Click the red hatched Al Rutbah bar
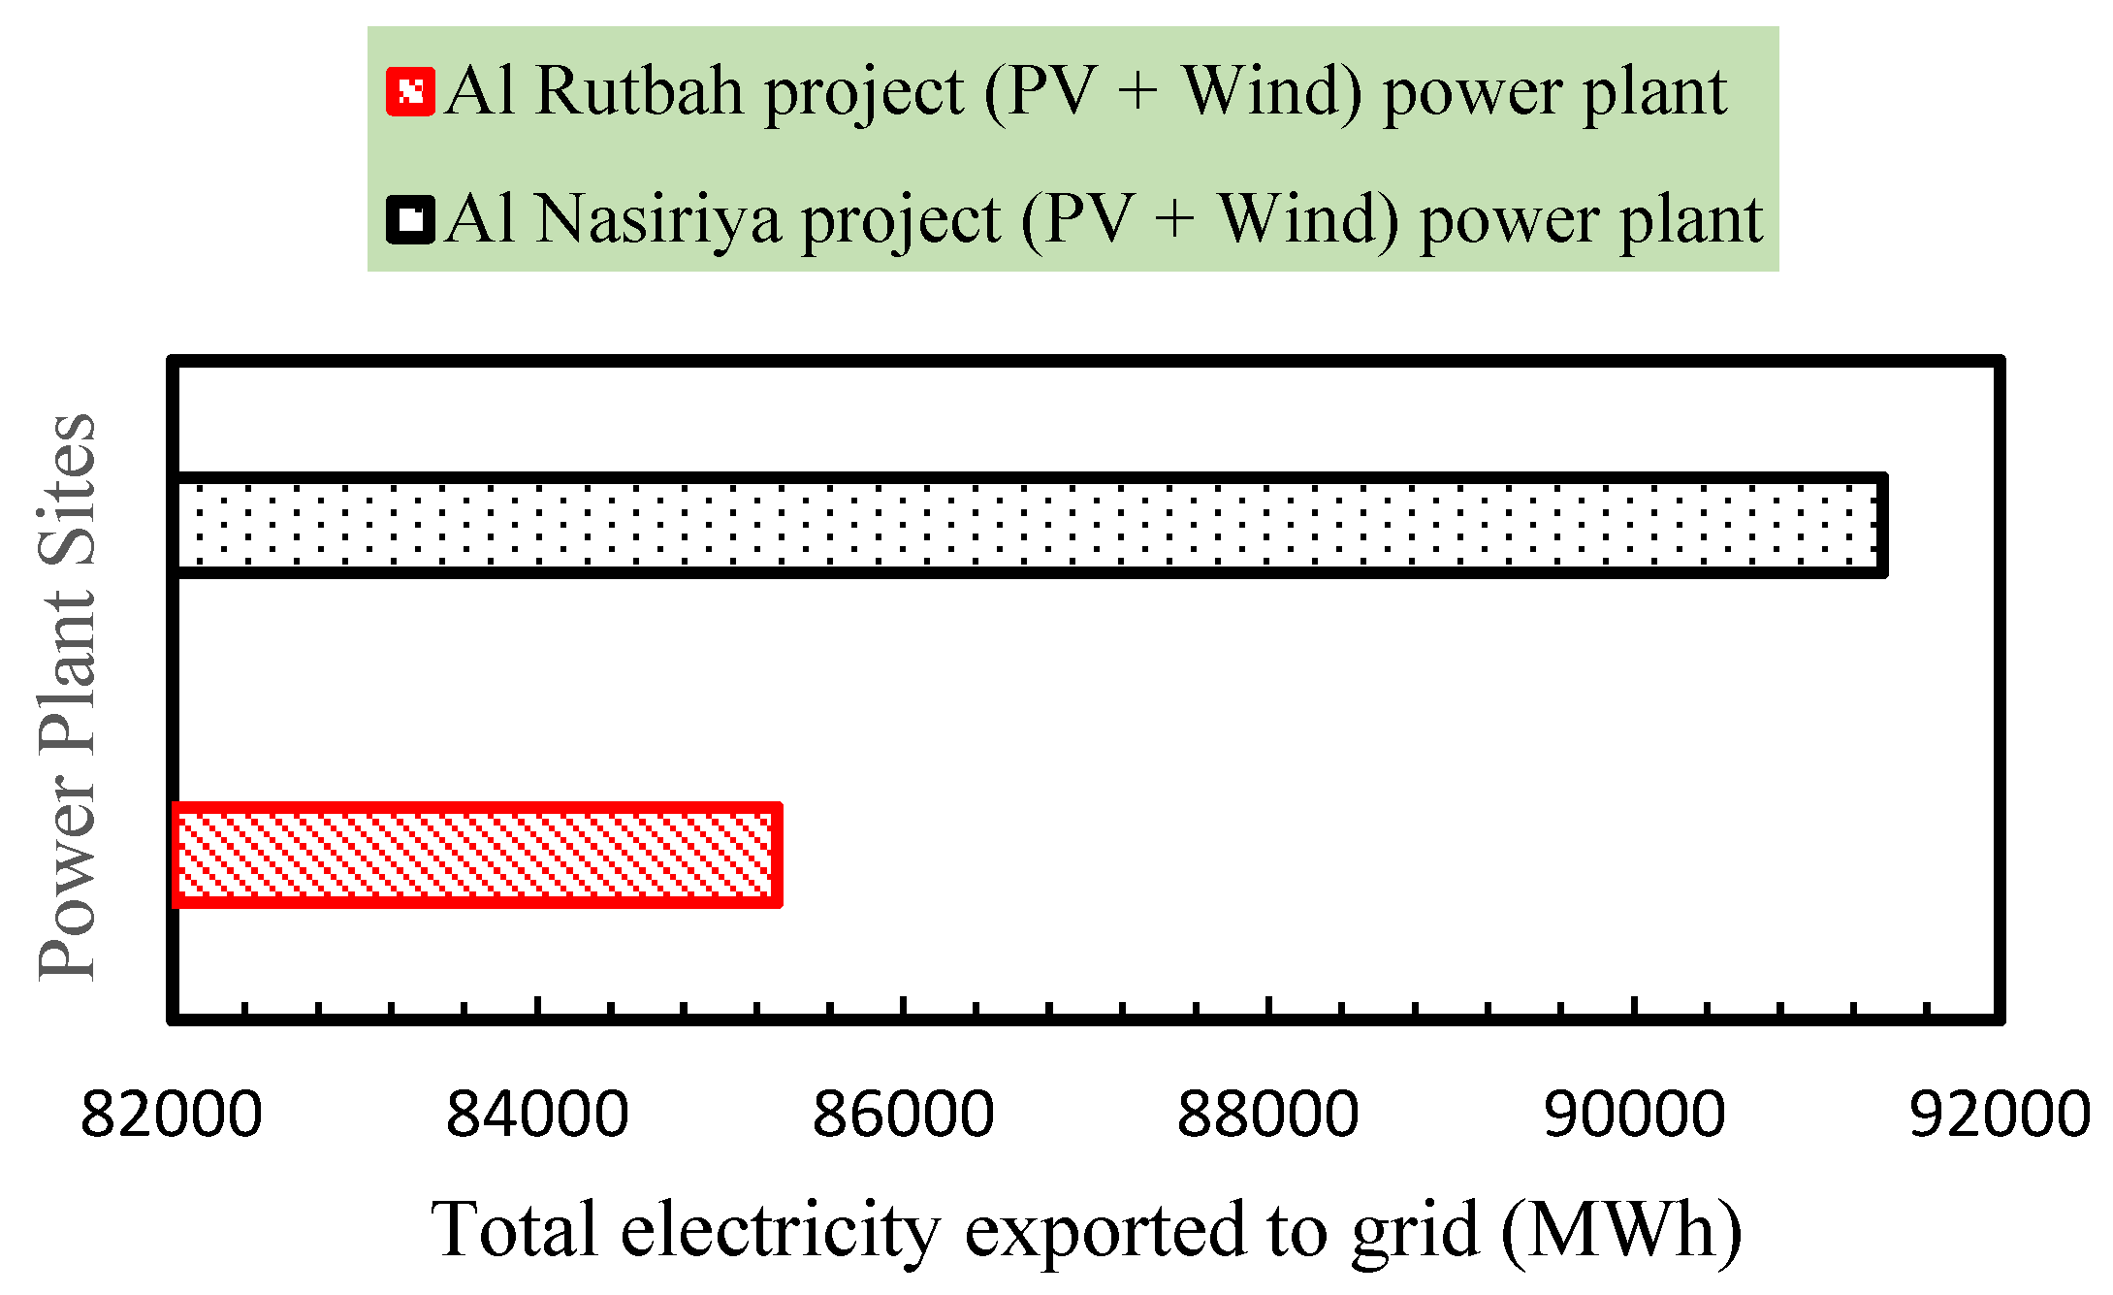(477, 855)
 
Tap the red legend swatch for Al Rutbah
(410, 92)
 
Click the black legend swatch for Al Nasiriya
(410, 219)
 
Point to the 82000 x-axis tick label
(172, 1115)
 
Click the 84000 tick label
(537, 1115)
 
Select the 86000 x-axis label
(903, 1115)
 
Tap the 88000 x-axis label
(1268, 1115)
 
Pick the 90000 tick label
(1635, 1115)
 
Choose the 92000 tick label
(2000, 1115)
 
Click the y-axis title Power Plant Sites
(68, 696)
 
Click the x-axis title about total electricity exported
(1086, 1230)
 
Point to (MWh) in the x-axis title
(1621, 1230)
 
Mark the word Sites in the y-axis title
(68, 490)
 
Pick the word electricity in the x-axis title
(781, 1230)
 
